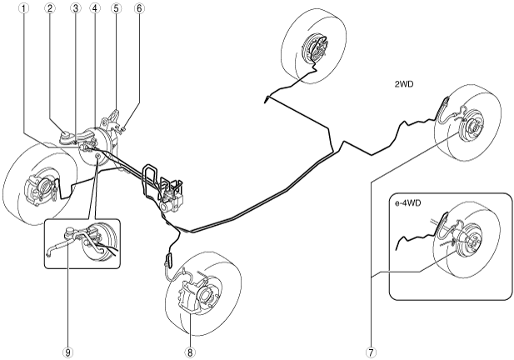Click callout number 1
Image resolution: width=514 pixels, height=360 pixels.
pos(27,9)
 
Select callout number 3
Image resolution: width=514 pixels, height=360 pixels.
pos(74,9)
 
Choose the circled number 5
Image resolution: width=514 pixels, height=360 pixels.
pos(116,9)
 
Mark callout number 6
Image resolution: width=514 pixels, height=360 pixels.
pos(138,9)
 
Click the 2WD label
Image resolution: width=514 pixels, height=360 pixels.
pos(405,85)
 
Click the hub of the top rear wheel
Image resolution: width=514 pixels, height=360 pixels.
pos(318,48)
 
